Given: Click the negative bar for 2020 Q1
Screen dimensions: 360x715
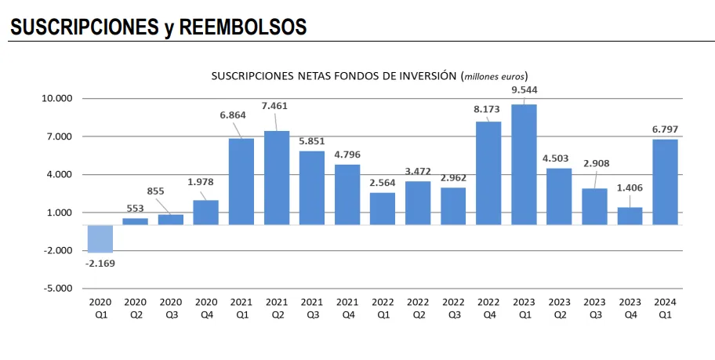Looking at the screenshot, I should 100,238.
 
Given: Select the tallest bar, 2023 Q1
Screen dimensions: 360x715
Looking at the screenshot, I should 524,165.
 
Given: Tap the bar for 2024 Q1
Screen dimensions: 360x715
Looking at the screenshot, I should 665,182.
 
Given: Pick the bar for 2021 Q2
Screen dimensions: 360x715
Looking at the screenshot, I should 277,178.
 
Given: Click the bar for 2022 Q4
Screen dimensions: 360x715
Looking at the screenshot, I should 488,173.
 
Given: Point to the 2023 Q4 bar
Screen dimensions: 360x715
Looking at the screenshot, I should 630,216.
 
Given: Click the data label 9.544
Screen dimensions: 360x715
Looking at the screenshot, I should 524,89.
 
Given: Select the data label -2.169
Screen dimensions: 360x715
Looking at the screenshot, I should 100,263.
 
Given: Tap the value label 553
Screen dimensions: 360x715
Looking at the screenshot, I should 135,208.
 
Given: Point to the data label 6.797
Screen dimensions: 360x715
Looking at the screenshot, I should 665,128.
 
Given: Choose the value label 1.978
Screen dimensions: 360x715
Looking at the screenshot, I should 205,183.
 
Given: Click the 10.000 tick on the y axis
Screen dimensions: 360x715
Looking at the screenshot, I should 56,99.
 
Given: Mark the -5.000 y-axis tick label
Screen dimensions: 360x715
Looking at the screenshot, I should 56,288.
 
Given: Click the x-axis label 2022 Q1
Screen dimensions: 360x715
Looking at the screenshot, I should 383,307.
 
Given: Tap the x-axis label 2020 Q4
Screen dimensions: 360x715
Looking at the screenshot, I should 205,307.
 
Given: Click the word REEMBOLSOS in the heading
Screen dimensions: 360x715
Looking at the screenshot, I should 242,27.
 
